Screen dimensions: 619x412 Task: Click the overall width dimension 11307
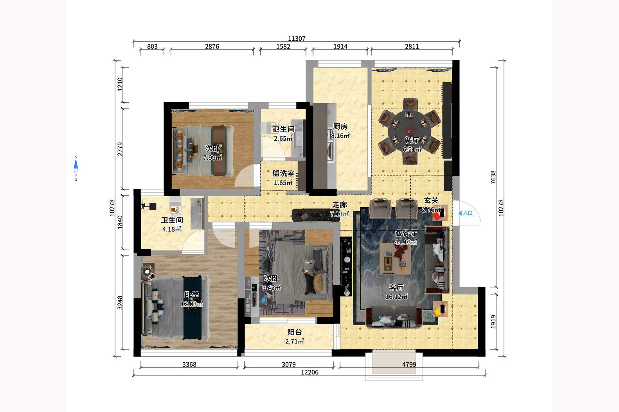tap(297, 38)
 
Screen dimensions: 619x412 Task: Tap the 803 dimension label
tap(152, 46)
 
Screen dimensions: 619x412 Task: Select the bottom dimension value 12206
tap(309, 372)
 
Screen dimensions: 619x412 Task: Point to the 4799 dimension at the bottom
tap(409, 364)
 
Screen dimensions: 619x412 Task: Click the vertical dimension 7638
tap(493, 177)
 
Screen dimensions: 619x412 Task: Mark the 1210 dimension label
tap(120, 84)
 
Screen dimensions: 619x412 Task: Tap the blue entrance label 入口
tap(468, 213)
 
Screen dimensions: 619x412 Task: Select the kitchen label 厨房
tap(340, 126)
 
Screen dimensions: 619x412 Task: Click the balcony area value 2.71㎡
tap(294, 341)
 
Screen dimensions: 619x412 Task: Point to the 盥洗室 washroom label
tap(283, 173)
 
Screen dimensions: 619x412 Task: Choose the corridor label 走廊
tap(340, 204)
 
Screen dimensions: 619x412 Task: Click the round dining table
tap(409, 131)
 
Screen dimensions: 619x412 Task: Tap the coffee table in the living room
tap(395, 259)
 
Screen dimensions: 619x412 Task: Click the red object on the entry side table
tap(437, 216)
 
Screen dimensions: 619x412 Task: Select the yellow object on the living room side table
tap(437, 313)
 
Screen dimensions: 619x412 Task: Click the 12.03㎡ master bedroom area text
tap(192, 304)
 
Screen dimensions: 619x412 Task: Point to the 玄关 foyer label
tap(431, 200)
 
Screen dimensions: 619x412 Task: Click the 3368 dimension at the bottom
tap(189, 364)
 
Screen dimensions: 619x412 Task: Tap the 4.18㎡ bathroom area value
tap(172, 229)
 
